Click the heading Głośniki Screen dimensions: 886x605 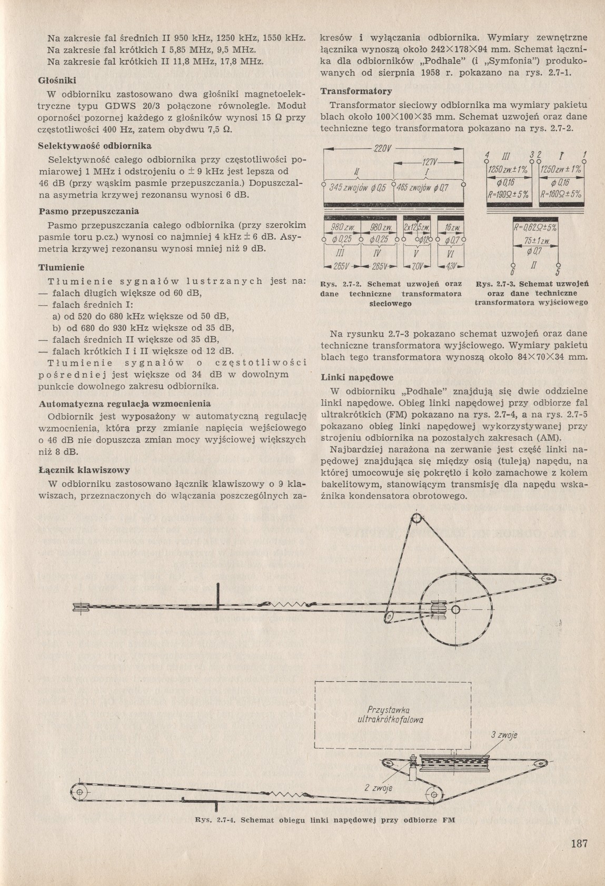pyautogui.click(x=58, y=80)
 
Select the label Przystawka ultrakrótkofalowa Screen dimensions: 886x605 pyautogui.click(x=390, y=714)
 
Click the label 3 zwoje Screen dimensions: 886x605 pyautogui.click(x=503, y=735)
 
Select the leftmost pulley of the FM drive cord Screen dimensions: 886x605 pyautogui.click(x=80, y=793)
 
